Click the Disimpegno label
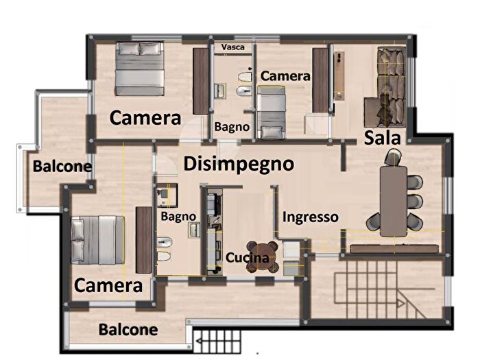[239, 164]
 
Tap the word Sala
[382, 137]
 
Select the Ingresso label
[311, 217]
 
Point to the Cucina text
[252, 259]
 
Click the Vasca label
[233, 47]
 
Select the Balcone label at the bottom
[128, 330]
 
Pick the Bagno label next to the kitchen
[178, 216]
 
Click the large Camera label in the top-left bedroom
[145, 117]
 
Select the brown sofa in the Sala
[389, 86]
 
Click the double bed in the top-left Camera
[140, 69]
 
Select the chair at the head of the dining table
[393, 158]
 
